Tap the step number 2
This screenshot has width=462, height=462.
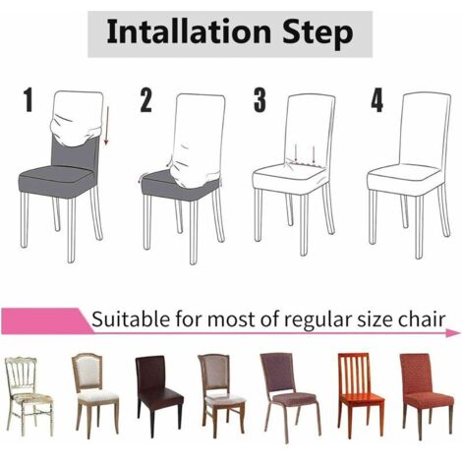coord(146,100)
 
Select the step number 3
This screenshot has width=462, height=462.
coord(260,100)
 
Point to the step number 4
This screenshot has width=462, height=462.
coord(376,100)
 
